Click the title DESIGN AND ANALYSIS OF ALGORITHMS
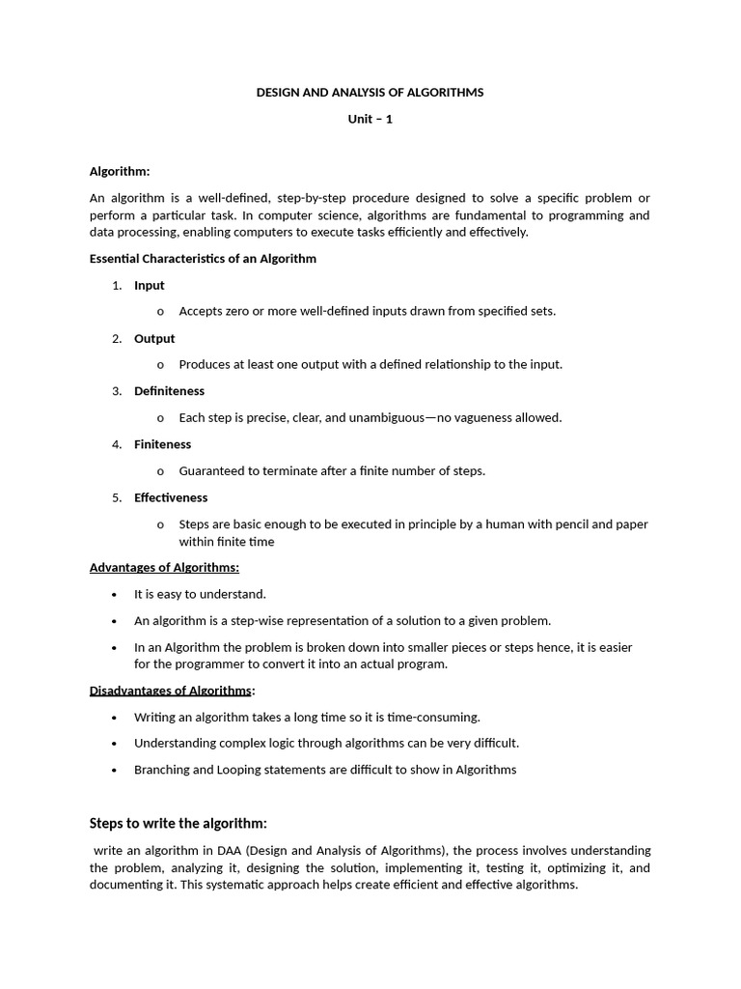point(370,93)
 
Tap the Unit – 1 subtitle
point(370,120)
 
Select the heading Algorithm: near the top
point(120,172)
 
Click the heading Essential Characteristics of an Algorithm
point(203,259)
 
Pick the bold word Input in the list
point(150,285)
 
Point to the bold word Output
point(154,338)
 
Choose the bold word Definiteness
point(169,391)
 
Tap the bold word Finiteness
point(162,444)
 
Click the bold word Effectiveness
point(171,497)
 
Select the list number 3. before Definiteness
point(117,391)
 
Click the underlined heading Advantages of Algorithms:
point(164,568)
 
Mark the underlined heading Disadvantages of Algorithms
point(171,691)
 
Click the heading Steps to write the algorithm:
point(178,823)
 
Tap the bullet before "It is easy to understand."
point(115,595)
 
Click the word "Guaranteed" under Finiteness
point(212,471)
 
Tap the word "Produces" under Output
point(205,365)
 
